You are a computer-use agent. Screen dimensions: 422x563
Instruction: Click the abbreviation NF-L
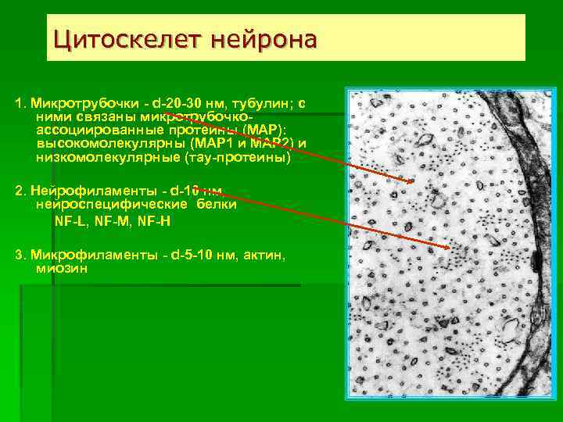tap(68, 221)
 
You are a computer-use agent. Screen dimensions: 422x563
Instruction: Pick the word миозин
tap(62, 268)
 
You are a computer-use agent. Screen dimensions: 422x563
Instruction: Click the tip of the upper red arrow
tap(414, 181)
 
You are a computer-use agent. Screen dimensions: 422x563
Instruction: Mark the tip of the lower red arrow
tap(450, 248)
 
